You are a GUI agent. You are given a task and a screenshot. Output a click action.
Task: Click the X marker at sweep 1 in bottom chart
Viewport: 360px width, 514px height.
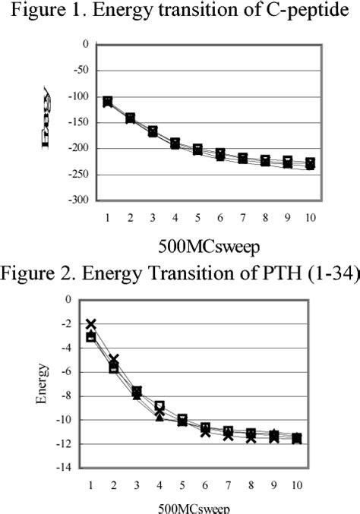point(91,324)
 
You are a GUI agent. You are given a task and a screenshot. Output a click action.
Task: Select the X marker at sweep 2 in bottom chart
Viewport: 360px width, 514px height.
point(114,360)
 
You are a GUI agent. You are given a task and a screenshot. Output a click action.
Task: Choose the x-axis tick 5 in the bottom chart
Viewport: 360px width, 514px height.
point(182,484)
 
